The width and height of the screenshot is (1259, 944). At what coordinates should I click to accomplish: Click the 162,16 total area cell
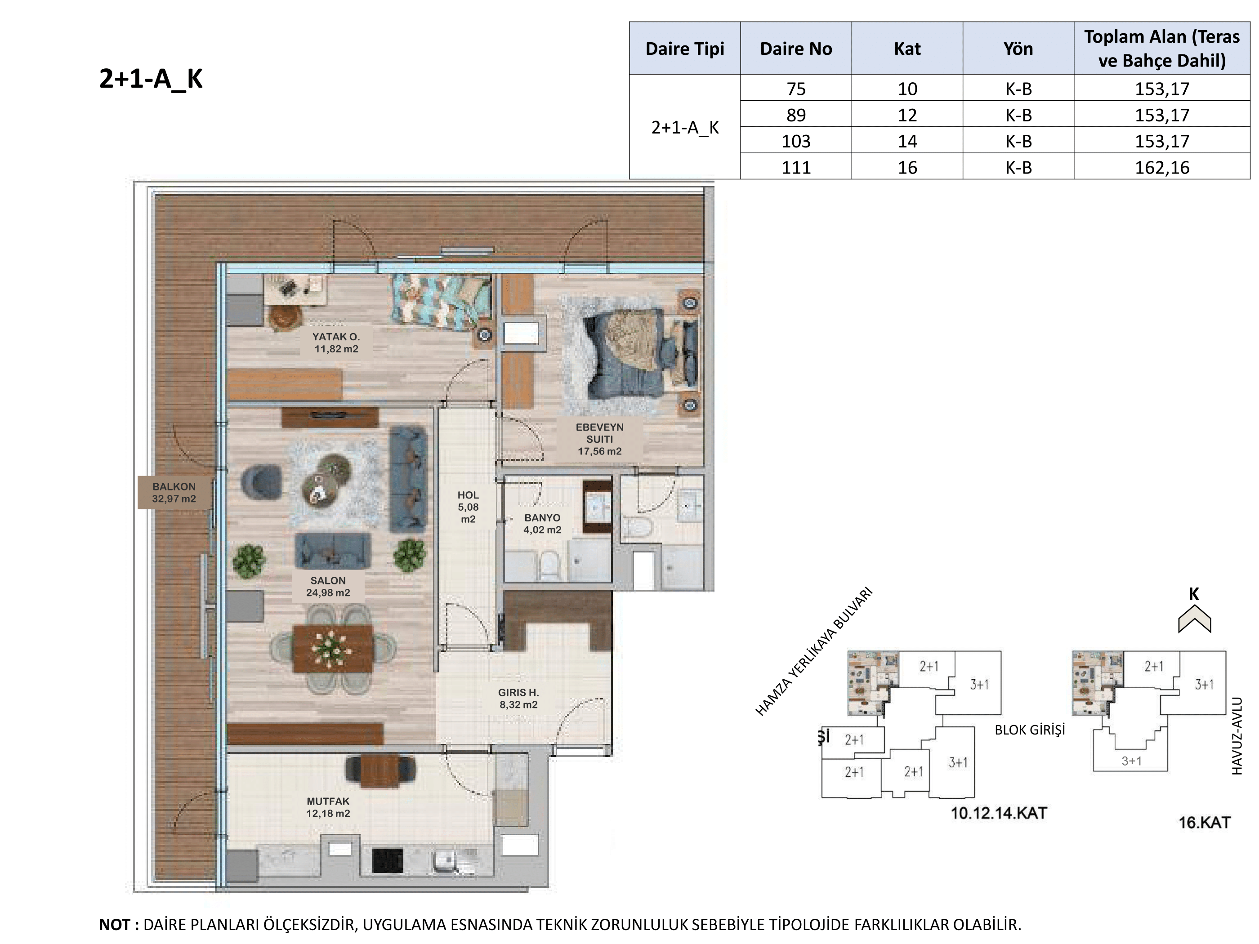point(1162,167)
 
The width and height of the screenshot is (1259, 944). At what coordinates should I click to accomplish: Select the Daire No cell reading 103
point(796,141)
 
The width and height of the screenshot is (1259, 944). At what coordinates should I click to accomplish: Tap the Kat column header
point(907,49)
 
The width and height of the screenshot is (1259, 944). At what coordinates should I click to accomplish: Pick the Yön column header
point(1018,49)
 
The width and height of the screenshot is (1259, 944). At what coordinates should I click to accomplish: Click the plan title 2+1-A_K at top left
point(151,79)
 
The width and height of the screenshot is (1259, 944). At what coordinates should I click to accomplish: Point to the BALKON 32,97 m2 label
point(174,493)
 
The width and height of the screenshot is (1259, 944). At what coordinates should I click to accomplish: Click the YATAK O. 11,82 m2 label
point(336,343)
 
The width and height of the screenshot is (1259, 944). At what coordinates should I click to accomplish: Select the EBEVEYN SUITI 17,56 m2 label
point(599,439)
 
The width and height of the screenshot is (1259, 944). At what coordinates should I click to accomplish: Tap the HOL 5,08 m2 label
point(469,507)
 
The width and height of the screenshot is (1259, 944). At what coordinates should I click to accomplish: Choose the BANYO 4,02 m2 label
point(542,524)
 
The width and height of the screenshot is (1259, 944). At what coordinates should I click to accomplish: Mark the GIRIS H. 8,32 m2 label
point(518,699)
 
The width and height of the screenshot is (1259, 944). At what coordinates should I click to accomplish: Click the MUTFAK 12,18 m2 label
point(328,807)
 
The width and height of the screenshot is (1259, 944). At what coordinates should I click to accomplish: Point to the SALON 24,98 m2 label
point(328,587)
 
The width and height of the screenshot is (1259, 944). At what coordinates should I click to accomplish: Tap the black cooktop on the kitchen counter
point(388,860)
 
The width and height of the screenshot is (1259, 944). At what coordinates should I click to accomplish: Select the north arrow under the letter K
point(1194,619)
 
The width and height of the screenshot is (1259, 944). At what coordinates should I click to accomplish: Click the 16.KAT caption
point(1204,823)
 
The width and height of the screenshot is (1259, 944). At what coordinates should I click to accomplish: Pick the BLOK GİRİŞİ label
point(1030,730)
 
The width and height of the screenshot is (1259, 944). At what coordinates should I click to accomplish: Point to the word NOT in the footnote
point(115,925)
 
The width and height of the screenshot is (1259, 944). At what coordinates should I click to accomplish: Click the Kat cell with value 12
point(907,115)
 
